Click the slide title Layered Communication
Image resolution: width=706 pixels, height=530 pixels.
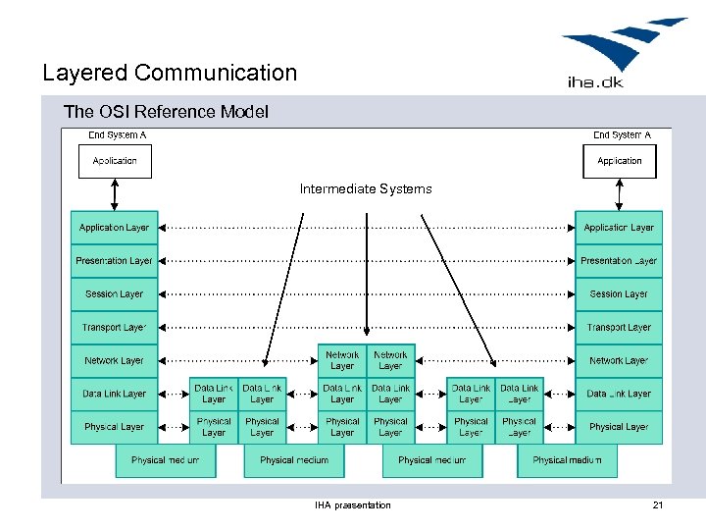pyautogui.click(x=170, y=73)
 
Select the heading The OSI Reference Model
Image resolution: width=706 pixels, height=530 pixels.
pyautogui.click(x=166, y=112)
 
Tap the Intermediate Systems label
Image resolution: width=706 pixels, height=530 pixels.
pyautogui.click(x=366, y=188)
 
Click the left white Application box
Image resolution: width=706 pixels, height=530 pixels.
pyautogui.click(x=115, y=161)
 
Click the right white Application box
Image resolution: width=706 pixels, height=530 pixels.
pyautogui.click(x=620, y=161)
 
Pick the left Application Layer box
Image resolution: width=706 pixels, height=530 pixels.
pyautogui.click(x=114, y=228)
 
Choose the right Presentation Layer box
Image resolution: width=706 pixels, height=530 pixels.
pyautogui.click(x=619, y=261)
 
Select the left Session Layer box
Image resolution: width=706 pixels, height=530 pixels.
pyautogui.click(x=114, y=294)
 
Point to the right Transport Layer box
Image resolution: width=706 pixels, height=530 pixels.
pyautogui.click(x=619, y=328)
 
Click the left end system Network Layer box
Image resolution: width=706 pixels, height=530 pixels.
pyautogui.click(x=114, y=361)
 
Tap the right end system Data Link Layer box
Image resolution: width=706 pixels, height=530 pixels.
pyautogui.click(x=619, y=394)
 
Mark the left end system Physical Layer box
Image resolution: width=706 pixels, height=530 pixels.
pyautogui.click(x=114, y=427)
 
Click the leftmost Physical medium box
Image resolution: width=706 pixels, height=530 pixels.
pyautogui.click(x=165, y=460)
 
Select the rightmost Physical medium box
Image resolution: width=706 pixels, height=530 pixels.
pyautogui.click(x=567, y=460)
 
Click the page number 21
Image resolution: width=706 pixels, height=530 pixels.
pyautogui.click(x=658, y=505)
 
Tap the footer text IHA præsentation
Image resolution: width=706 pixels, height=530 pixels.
pyautogui.click(x=352, y=505)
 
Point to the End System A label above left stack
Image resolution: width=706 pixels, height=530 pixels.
pyautogui.click(x=118, y=135)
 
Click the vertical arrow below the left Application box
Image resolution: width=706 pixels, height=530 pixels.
pyautogui.click(x=115, y=194)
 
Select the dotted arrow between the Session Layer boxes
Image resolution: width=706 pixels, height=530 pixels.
pyautogui.click(x=366, y=294)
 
